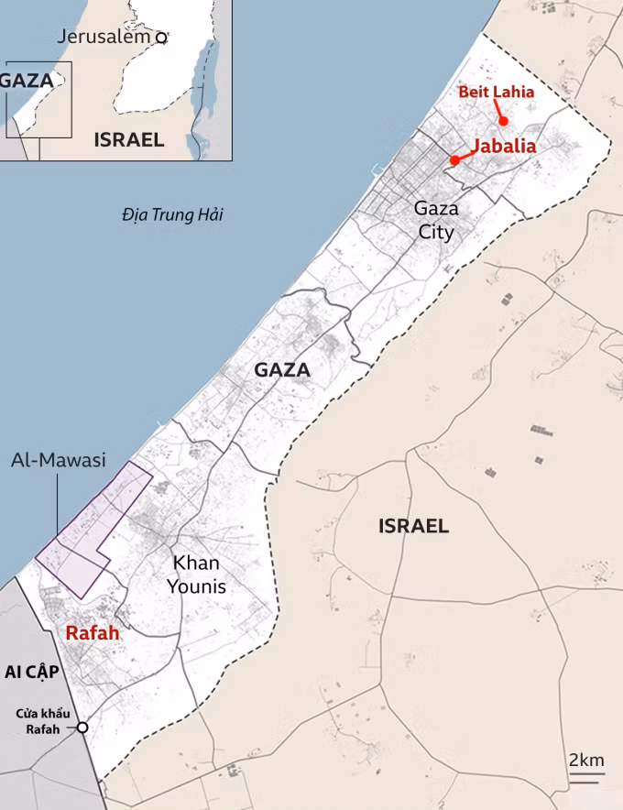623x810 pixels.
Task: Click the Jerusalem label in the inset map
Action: [103, 37]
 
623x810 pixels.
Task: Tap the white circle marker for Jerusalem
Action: [161, 38]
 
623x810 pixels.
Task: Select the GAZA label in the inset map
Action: [27, 80]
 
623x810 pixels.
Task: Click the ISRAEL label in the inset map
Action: [129, 140]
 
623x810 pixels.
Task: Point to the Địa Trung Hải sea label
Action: [172, 215]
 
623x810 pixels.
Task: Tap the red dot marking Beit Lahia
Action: [503, 122]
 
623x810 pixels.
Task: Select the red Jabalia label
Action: [504, 146]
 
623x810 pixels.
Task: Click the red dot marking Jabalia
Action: [454, 161]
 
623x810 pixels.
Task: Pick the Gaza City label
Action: [436, 220]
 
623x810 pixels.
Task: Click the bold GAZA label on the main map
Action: [282, 370]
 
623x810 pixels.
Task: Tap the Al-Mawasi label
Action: [59, 459]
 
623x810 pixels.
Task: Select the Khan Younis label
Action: [196, 575]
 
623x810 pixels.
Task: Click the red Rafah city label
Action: [93, 633]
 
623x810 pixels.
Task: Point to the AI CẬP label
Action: [32, 673]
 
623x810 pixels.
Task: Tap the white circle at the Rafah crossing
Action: [82, 728]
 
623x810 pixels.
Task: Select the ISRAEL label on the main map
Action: [414, 526]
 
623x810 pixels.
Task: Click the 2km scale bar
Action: [587, 775]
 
